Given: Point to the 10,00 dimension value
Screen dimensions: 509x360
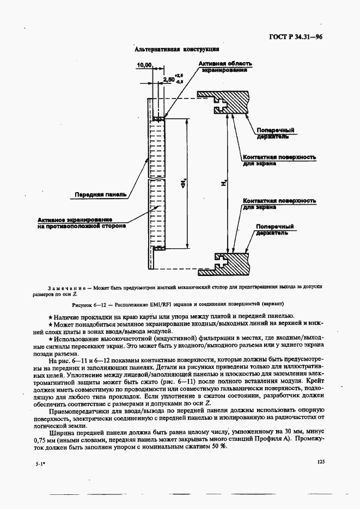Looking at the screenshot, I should (x=144, y=65).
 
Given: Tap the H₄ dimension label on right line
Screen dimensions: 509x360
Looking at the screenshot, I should (x=224, y=185).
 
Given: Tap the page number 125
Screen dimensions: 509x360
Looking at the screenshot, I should (x=320, y=462).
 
